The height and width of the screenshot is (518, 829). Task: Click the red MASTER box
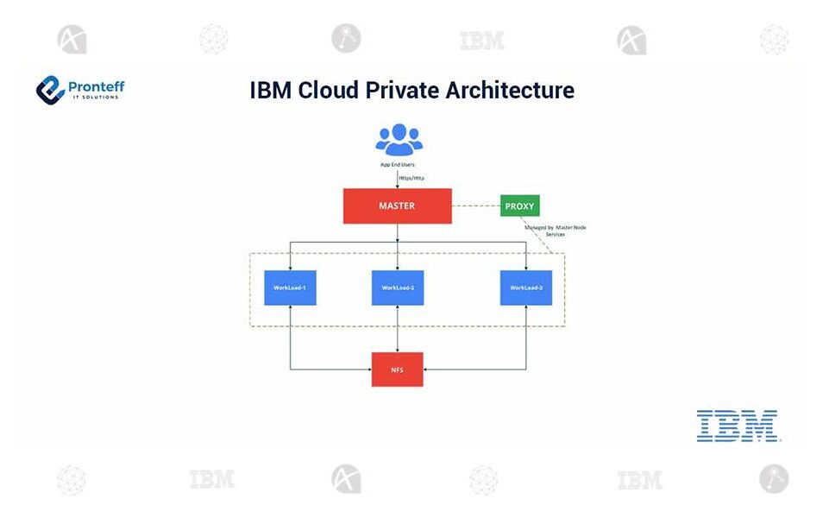[397, 205]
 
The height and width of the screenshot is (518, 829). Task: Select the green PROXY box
[519, 206]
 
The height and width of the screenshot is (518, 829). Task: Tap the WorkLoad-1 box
[290, 287]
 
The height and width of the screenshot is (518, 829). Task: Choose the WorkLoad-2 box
[398, 287]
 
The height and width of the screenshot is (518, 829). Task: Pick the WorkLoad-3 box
[526, 287]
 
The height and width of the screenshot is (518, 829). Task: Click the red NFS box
[397, 369]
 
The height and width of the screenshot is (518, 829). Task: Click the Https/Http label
[411, 178]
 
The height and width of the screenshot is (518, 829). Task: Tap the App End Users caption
[398, 162]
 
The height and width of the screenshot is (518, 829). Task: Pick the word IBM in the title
[271, 90]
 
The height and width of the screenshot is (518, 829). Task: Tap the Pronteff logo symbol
[51, 89]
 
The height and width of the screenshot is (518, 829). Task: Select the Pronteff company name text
[96, 85]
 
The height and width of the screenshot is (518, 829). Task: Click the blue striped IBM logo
[738, 426]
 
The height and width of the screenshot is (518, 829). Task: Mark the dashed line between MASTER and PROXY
[476, 206]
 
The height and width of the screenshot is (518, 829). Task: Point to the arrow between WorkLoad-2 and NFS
[398, 329]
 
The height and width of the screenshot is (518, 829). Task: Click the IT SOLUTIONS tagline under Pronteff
[96, 97]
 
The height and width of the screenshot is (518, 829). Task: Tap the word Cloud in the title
[329, 90]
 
